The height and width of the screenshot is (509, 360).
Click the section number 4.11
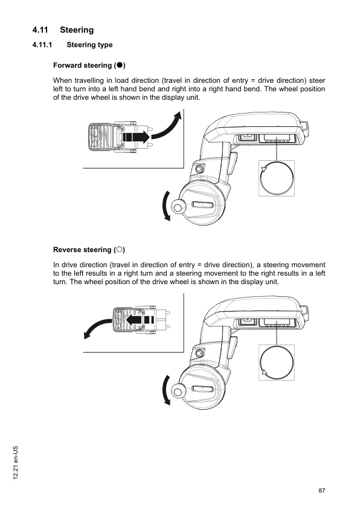coord(42,30)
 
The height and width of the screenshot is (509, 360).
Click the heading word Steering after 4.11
coord(77,30)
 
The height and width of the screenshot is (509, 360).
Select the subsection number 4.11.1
coord(43,45)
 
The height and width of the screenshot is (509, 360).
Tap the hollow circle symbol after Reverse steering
coord(121,250)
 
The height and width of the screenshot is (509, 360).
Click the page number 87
coord(322,490)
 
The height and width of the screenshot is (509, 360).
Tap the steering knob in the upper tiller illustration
coord(178,207)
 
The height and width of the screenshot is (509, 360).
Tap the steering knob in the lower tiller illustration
coord(178,391)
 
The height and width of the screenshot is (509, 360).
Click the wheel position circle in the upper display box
coord(277,178)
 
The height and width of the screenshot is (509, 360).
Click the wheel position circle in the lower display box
coord(277,362)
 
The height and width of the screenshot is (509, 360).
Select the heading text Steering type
coord(89,45)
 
